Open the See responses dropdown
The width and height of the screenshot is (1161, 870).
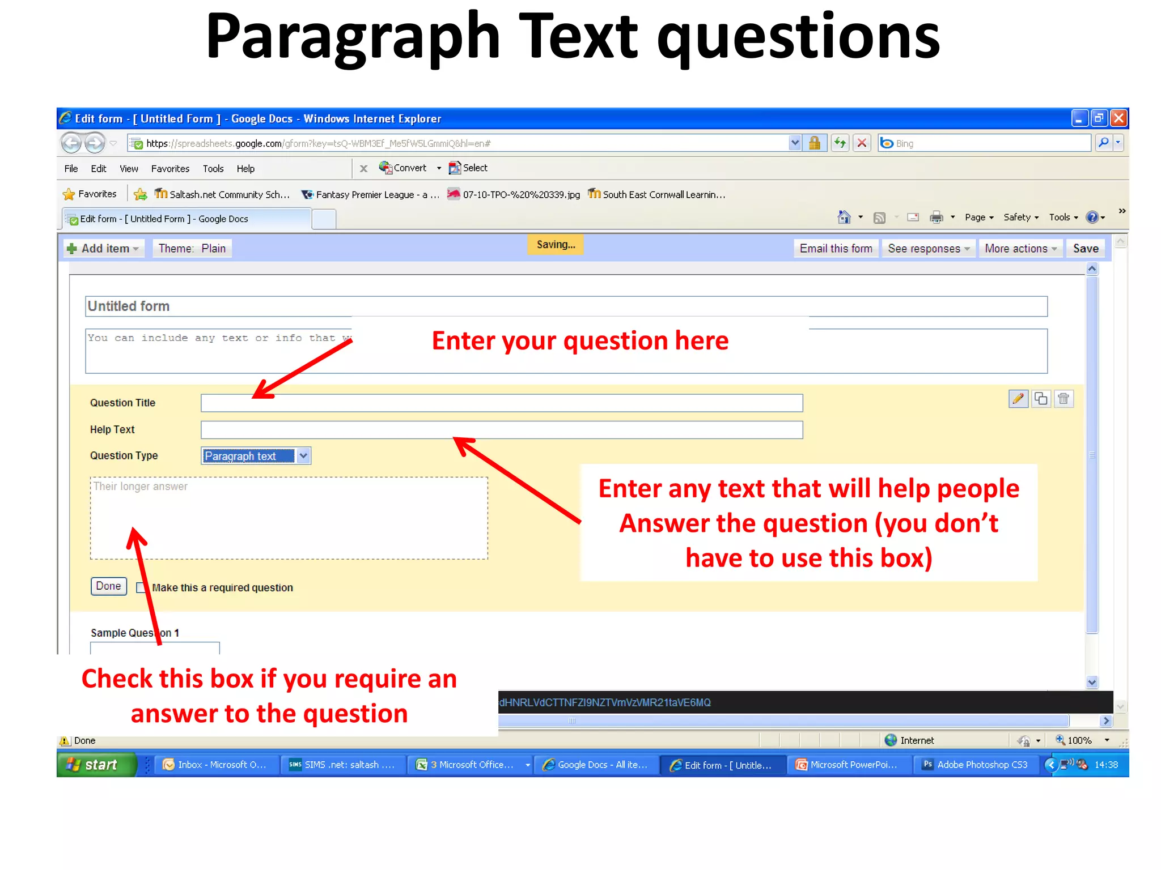(x=928, y=249)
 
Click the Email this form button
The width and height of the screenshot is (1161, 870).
(x=836, y=249)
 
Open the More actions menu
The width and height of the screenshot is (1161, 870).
(x=1020, y=249)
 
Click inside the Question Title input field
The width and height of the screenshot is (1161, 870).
(x=501, y=403)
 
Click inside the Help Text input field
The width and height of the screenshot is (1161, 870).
(x=501, y=430)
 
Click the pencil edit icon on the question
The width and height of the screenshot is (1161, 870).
(x=1018, y=399)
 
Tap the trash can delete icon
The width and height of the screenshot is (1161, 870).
(x=1063, y=399)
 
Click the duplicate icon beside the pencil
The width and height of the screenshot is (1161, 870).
(x=1041, y=399)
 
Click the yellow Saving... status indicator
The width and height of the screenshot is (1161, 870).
(x=556, y=245)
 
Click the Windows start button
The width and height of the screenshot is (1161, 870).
(x=97, y=765)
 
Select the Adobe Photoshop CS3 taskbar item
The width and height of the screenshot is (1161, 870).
(x=976, y=765)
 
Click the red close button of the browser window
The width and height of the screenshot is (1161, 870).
(x=1118, y=118)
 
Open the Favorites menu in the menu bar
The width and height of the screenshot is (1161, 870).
(x=170, y=169)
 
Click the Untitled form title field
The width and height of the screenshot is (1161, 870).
(x=566, y=306)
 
